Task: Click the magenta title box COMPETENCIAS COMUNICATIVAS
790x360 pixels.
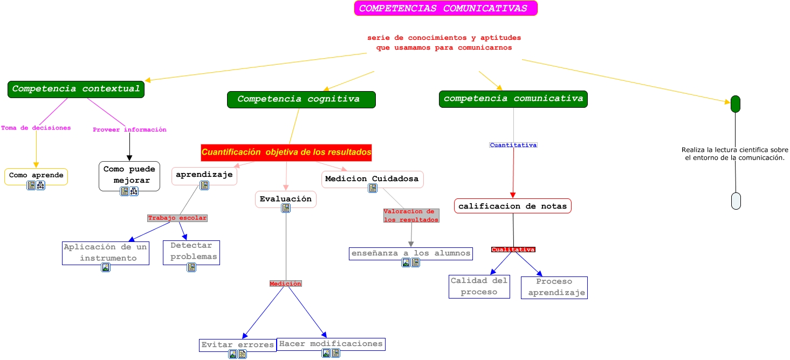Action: tap(445, 9)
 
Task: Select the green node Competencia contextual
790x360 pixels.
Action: tap(76, 89)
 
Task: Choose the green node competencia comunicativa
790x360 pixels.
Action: tap(513, 99)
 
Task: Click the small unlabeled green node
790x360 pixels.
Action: tap(735, 104)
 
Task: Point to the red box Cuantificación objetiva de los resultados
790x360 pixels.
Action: tap(286, 153)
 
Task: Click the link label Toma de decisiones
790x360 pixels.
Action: tap(36, 128)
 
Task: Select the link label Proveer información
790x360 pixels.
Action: tap(129, 130)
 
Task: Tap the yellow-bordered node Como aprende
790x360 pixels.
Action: tap(36, 176)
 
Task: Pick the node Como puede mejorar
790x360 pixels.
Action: tap(129, 175)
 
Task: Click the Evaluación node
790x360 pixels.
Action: tap(285, 199)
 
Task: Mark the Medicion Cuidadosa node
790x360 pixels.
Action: tap(372, 179)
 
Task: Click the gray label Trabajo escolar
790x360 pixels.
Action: tap(177, 218)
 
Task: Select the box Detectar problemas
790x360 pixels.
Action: tap(191, 251)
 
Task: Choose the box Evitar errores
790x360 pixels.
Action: tap(237, 345)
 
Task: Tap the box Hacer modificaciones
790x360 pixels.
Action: tap(331, 344)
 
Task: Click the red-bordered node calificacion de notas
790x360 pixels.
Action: tap(512, 206)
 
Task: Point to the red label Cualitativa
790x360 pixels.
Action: tap(513, 250)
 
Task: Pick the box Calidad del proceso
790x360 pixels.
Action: tap(479, 286)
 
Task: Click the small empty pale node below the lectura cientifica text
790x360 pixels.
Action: tap(736, 200)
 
